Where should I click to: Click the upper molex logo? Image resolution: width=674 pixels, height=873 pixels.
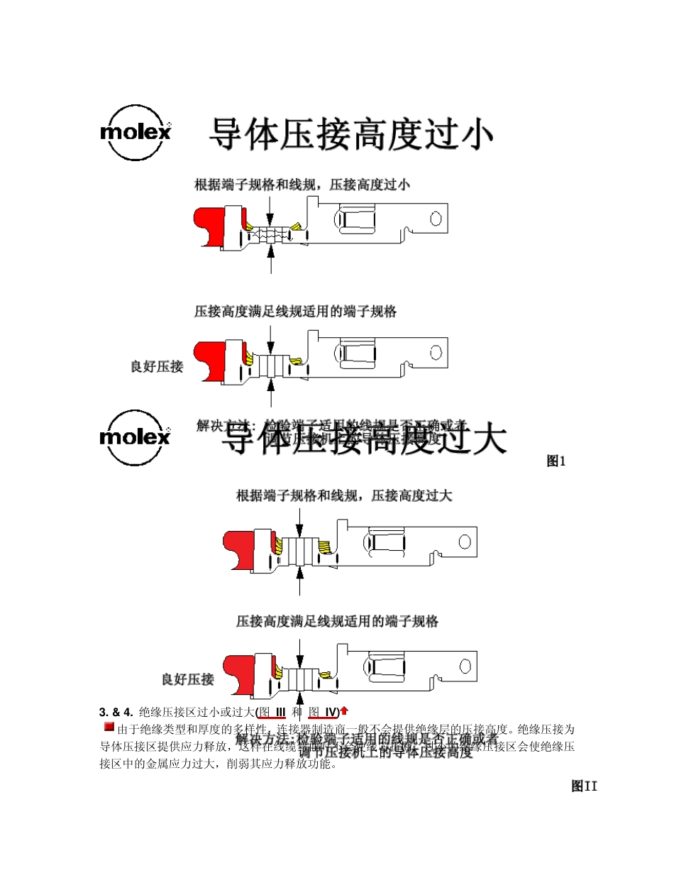coord(135,132)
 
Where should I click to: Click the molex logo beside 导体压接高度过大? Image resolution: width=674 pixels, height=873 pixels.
coord(135,436)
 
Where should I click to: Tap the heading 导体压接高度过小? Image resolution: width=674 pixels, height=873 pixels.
coord(350,134)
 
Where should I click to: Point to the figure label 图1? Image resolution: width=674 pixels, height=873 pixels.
coord(556,461)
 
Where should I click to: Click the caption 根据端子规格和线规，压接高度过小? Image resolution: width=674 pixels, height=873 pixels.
coord(302,185)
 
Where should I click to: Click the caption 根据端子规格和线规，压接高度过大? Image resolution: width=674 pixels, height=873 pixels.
coord(343,496)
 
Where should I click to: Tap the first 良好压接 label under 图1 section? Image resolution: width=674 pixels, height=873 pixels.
coord(157,366)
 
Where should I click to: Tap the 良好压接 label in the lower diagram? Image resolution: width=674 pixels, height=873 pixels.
coord(187,679)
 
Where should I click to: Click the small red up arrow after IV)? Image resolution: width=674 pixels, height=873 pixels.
coord(344,710)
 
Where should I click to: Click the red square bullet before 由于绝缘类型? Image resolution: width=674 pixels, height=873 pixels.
coord(109,727)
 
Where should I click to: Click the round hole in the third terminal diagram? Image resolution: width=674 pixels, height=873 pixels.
coord(465,542)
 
